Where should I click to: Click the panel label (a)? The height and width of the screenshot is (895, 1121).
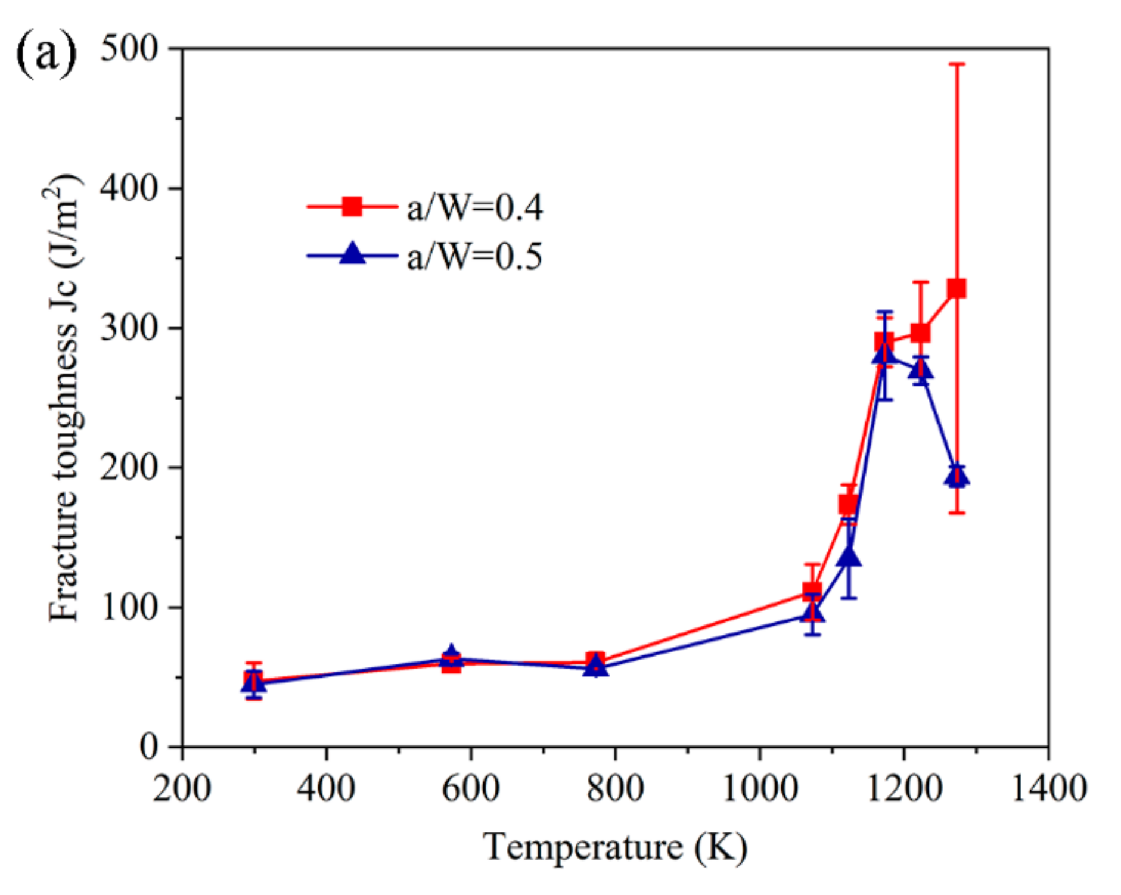coord(46,54)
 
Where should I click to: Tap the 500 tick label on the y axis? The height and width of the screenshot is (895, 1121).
coord(128,49)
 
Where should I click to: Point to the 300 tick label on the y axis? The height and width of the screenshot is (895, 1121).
coord(128,328)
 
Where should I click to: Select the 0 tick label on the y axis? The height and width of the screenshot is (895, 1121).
coord(149,747)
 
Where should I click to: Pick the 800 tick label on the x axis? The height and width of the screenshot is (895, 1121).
coord(615,788)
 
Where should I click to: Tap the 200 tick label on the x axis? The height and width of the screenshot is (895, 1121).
coord(182,788)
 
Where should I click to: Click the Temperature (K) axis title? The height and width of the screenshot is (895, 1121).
coord(614,847)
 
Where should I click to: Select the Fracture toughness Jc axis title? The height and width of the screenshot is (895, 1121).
coord(64,397)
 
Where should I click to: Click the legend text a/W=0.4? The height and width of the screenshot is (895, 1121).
coord(474,208)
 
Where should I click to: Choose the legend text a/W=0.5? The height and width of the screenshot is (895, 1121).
coord(474,257)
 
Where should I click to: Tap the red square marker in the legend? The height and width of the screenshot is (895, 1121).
coord(352,207)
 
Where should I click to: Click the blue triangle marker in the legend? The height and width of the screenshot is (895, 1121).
coord(352,254)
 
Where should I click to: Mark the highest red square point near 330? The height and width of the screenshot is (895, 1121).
coord(957,288)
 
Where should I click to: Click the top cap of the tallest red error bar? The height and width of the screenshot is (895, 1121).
coord(957,64)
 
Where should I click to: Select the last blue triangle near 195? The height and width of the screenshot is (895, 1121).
coord(957,476)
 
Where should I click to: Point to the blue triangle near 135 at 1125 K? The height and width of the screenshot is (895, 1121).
coord(849,557)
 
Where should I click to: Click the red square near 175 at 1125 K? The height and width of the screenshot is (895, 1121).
coord(848,504)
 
